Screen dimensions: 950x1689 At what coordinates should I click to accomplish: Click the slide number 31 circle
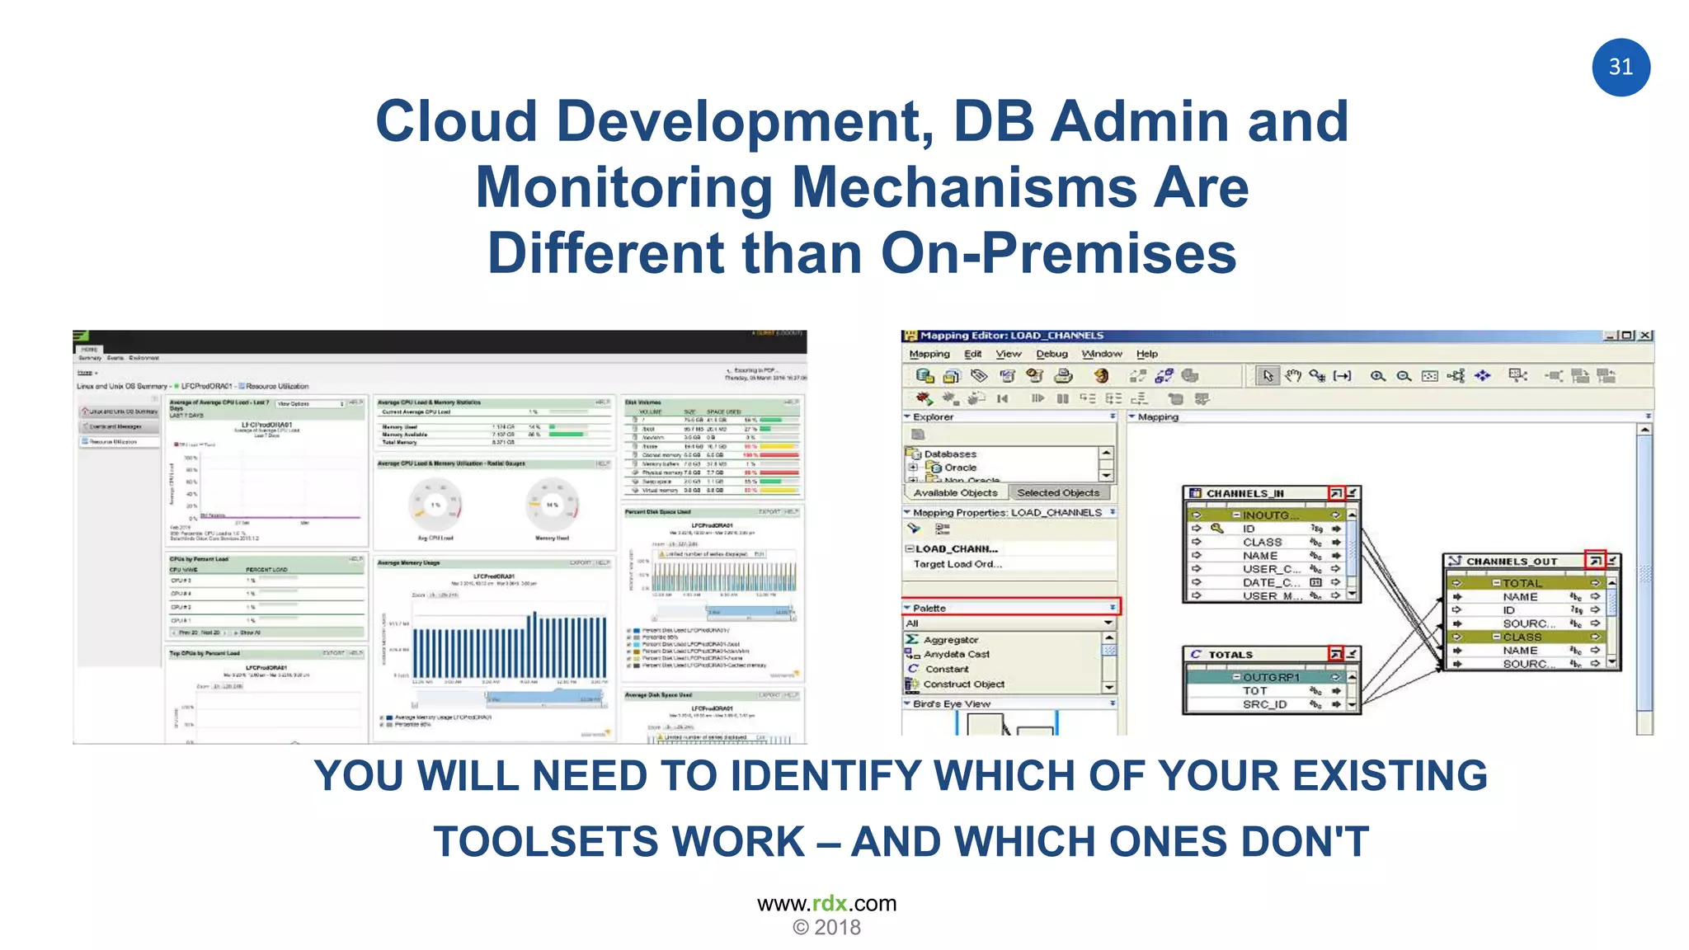pos(1621,67)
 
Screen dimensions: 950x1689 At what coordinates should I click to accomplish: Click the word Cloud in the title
pos(456,121)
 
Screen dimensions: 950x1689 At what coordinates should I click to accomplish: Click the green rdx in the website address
pos(829,903)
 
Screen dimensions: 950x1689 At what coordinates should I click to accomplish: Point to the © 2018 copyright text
pos(826,928)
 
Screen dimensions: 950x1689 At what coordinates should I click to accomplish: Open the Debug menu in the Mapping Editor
pos(1052,354)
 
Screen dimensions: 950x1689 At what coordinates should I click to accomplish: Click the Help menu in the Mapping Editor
pos(1146,354)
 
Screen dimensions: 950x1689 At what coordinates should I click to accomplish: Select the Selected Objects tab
pos(1058,492)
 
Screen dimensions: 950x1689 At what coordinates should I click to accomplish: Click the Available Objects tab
pos(955,492)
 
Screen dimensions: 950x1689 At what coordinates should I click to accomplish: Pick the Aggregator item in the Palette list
pos(950,640)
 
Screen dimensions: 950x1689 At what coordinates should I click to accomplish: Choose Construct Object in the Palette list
pos(963,684)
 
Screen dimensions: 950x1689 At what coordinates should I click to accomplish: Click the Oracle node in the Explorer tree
pos(960,468)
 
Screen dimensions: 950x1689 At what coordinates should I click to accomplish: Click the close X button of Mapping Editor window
pos(1644,336)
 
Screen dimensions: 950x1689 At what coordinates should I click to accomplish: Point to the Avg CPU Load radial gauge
pos(435,505)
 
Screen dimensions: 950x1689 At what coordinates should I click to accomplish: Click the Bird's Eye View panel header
pos(952,704)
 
